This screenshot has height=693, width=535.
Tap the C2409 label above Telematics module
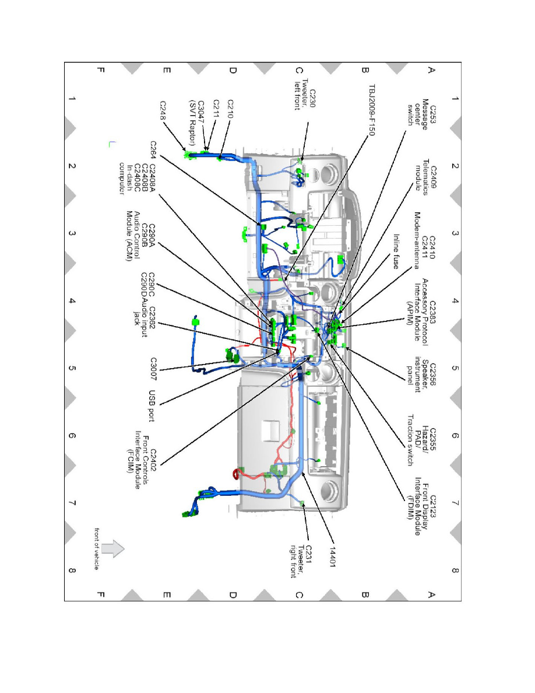click(x=433, y=178)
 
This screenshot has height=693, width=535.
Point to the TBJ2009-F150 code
click(x=372, y=110)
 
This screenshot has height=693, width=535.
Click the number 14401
click(x=333, y=557)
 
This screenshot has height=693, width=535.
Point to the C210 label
click(x=230, y=109)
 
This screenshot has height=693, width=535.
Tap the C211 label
click(x=216, y=108)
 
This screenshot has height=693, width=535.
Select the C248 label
click(x=163, y=110)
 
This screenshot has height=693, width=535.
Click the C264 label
click(x=153, y=150)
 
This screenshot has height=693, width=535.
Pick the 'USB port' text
click(x=152, y=406)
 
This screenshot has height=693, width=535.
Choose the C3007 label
click(x=153, y=369)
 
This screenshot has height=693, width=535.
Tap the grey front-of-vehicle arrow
click(x=113, y=549)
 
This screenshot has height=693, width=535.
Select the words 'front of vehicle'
click(x=96, y=548)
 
